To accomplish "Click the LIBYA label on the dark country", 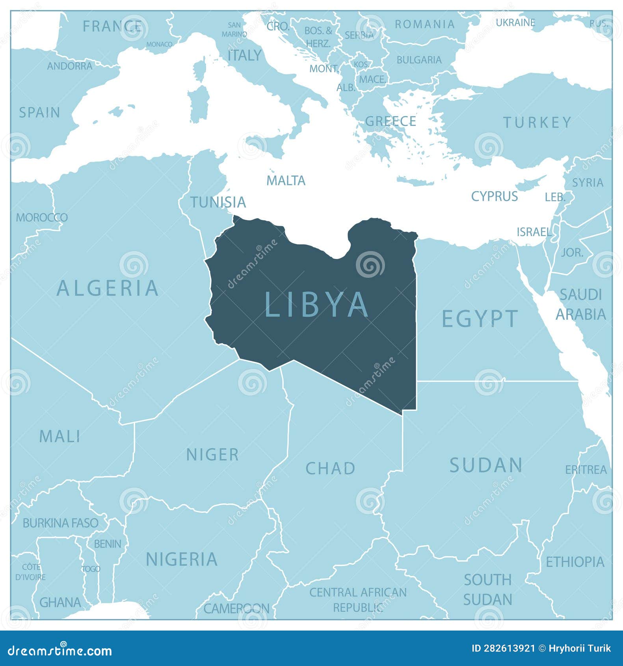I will pos(317,304).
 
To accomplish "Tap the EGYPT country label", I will pos(480,318).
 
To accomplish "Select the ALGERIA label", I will pos(108,288).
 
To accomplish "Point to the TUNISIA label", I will pos(218,202).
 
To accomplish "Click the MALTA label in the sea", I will pos(286,180).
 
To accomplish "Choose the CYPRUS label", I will pos(494,196).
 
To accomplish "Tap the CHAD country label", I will pos(331,469).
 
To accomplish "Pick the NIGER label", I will pos(212,455).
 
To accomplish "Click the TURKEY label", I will pos(537,123).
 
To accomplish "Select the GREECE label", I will pos(391,121).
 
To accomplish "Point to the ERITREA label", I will pos(586,470).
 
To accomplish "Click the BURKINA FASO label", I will pos(60,523).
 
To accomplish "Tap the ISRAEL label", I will pos(534,232).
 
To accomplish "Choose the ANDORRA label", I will pos(70,66).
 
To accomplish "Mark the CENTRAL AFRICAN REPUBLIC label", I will pos(358,599).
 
